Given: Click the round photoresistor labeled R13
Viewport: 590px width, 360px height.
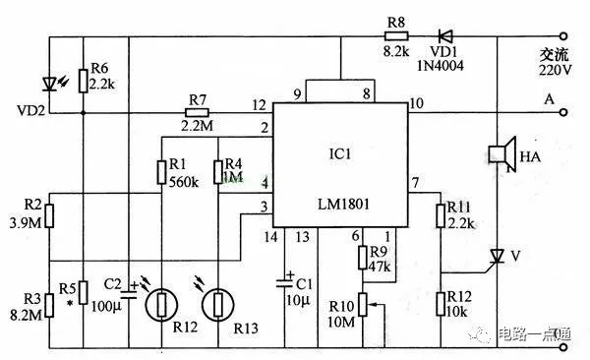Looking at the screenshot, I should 218,304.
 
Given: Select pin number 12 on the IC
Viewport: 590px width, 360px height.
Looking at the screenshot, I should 259,103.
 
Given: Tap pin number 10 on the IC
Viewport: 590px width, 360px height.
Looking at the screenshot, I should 417,103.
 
